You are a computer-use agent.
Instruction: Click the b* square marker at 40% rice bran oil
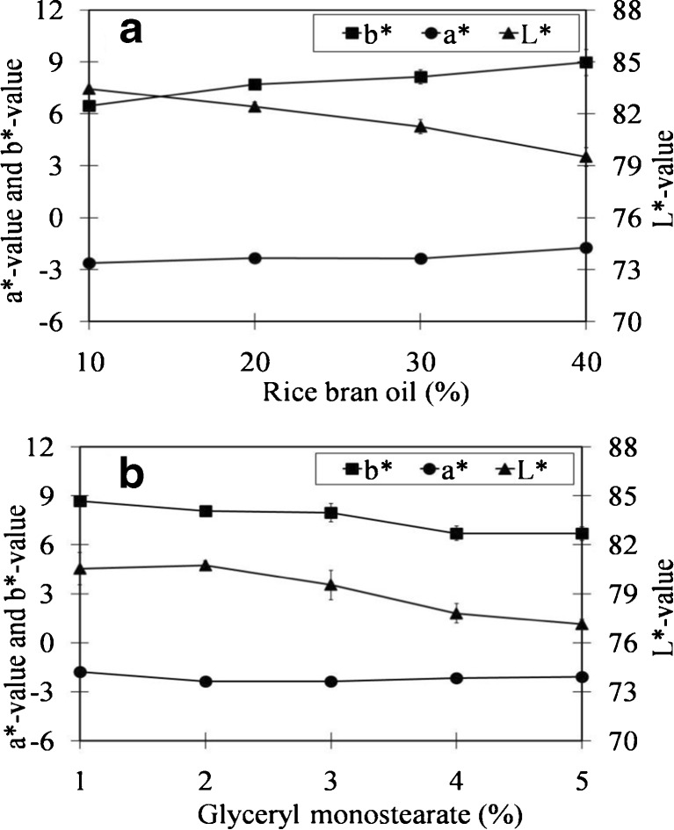click(586, 62)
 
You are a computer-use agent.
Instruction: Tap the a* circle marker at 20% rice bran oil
click(255, 258)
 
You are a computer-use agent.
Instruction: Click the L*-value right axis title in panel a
click(663, 167)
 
